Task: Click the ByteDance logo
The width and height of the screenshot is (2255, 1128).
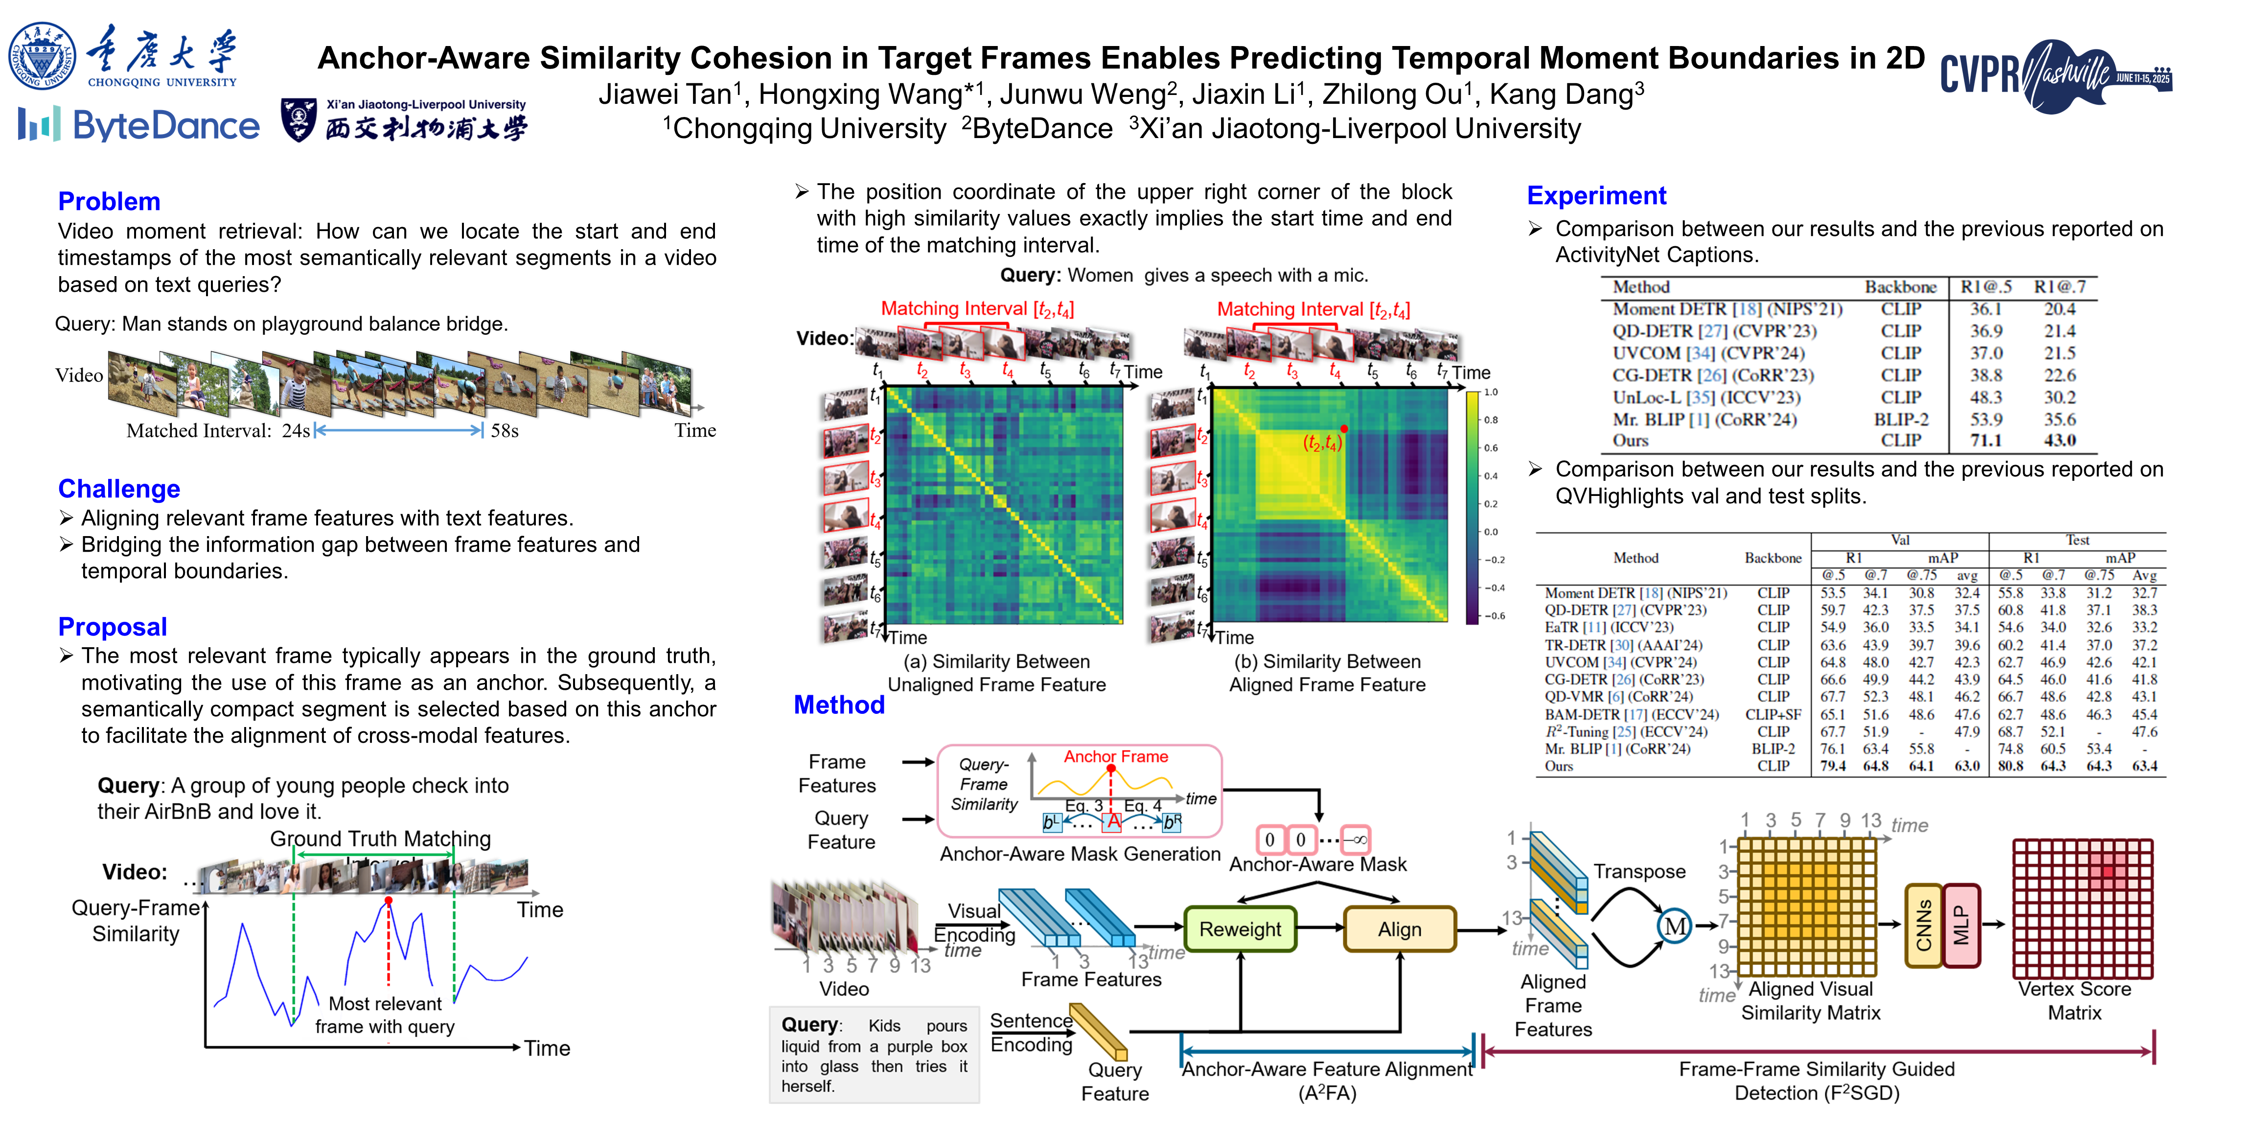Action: click(x=138, y=125)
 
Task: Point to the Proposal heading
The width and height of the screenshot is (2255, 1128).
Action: click(x=112, y=627)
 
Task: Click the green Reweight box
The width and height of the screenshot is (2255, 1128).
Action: click(x=1240, y=929)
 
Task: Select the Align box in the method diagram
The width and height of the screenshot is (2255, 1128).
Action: click(x=1399, y=929)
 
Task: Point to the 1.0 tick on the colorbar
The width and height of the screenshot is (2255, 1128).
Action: click(x=1491, y=392)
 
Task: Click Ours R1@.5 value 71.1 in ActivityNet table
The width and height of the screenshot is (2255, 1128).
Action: click(x=1985, y=441)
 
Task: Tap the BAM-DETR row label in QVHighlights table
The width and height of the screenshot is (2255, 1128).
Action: click(x=1631, y=715)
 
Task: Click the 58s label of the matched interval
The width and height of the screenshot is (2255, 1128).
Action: click(x=504, y=431)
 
